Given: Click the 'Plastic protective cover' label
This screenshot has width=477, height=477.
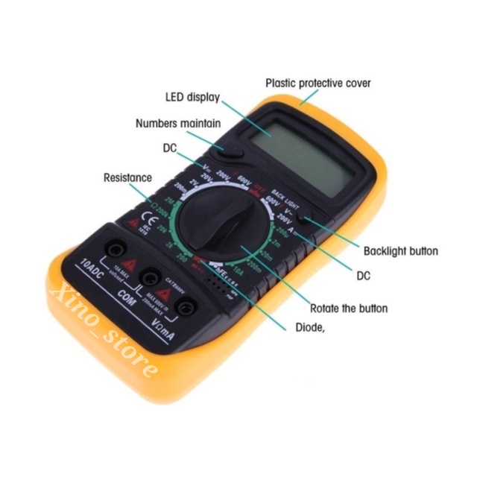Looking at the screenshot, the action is (x=318, y=83).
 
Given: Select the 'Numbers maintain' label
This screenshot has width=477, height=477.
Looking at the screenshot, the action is (x=177, y=123).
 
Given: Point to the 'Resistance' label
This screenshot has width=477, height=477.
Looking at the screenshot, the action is (x=127, y=178).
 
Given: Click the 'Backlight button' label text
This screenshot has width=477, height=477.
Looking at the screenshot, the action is (x=401, y=250).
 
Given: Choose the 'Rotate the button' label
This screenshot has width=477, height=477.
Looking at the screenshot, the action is (x=349, y=308).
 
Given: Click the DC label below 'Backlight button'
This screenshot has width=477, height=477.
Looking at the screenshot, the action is (x=363, y=276).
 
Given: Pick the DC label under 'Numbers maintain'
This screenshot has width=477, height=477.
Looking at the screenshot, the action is (x=170, y=148).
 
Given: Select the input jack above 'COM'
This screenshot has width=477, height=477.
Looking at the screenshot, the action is (x=151, y=279).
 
